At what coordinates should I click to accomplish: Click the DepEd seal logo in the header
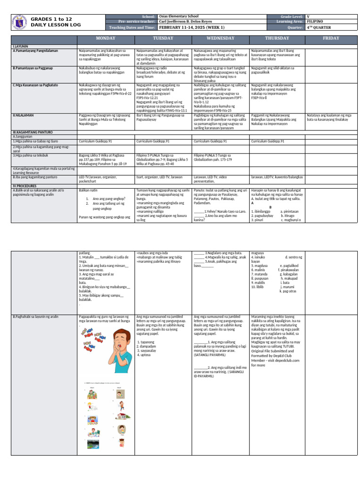(x=18, y=22)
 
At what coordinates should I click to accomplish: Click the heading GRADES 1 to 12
(x=51, y=18)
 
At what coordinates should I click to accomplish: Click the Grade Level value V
(x=308, y=16)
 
